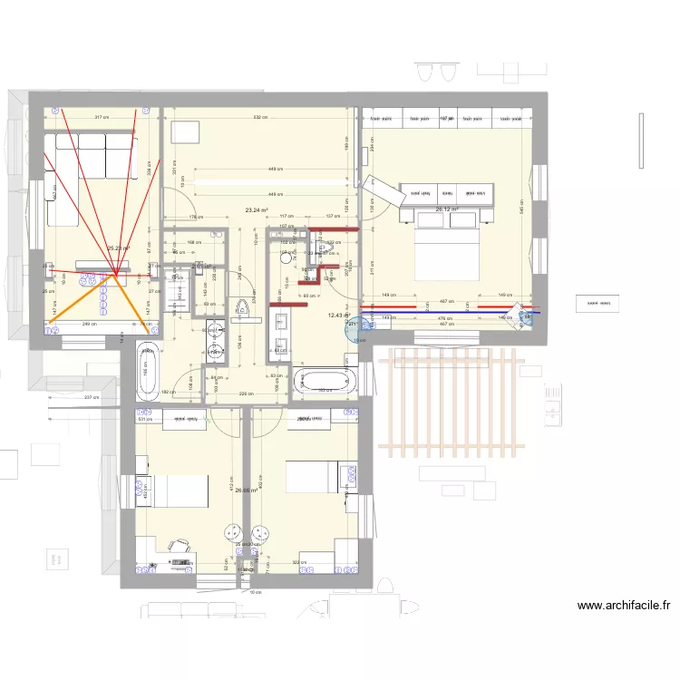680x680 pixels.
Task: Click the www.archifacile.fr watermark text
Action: pyautogui.click(x=623, y=606)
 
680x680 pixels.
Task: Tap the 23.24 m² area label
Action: pyautogui.click(x=257, y=209)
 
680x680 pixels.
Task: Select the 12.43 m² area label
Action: pyautogui.click(x=338, y=316)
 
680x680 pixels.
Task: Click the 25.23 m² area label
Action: pyautogui.click(x=119, y=248)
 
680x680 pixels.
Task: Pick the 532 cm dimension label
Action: pyautogui.click(x=259, y=117)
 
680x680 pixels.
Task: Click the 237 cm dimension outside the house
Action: pyautogui.click(x=91, y=398)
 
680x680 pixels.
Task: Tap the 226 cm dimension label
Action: pyautogui.click(x=244, y=393)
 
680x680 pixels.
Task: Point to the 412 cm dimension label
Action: pyautogui.click(x=233, y=488)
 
